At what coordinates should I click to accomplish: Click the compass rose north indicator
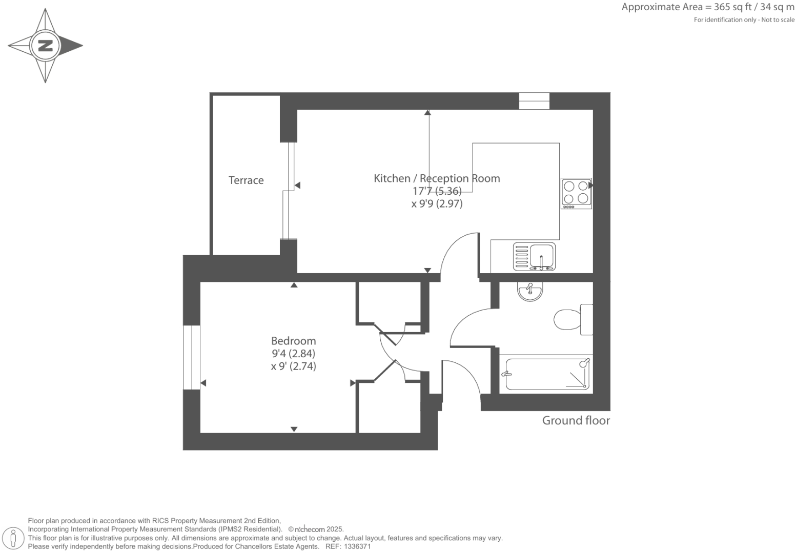click(x=46, y=46)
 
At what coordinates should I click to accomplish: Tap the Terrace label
click(x=246, y=180)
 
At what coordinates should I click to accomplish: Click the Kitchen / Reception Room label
click(x=437, y=178)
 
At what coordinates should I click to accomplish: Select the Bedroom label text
click(x=293, y=341)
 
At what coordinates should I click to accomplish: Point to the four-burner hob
click(x=576, y=193)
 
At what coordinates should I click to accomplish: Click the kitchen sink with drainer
click(x=534, y=257)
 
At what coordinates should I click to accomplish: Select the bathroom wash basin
click(x=530, y=292)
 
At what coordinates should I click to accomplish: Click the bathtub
click(x=546, y=374)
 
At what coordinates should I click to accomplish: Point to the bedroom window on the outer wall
click(x=191, y=357)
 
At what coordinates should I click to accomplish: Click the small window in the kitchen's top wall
click(x=534, y=101)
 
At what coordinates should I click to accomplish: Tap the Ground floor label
click(x=576, y=421)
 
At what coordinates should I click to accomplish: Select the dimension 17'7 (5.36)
click(x=437, y=191)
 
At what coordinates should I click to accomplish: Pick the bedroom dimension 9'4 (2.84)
click(x=293, y=354)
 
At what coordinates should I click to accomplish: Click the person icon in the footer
click(x=13, y=539)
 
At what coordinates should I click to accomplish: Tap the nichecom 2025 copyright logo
click(x=315, y=529)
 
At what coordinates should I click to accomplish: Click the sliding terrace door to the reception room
click(x=290, y=191)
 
